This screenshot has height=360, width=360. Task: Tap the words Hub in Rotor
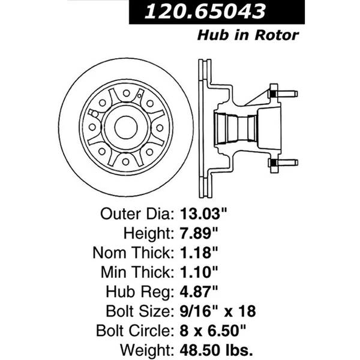[x=248, y=35]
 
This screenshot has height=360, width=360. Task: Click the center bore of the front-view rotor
[x=126, y=127]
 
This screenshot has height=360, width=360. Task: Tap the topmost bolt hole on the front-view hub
[x=126, y=93]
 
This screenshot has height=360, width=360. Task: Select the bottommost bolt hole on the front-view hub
[x=126, y=161]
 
